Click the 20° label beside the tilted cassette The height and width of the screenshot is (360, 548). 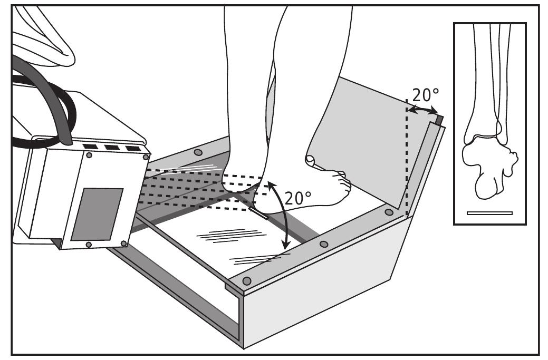pos(425,95)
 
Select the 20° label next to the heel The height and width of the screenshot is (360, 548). pos(298,198)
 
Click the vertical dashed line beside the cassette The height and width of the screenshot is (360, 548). pos(406,158)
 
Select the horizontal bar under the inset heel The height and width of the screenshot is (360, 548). pos(489,213)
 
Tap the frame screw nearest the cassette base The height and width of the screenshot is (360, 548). pos(389,212)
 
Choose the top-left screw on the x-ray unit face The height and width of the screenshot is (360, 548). pos(90,156)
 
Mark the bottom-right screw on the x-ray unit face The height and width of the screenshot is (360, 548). pos(123,243)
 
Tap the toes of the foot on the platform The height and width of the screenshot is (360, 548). pos(343,182)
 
